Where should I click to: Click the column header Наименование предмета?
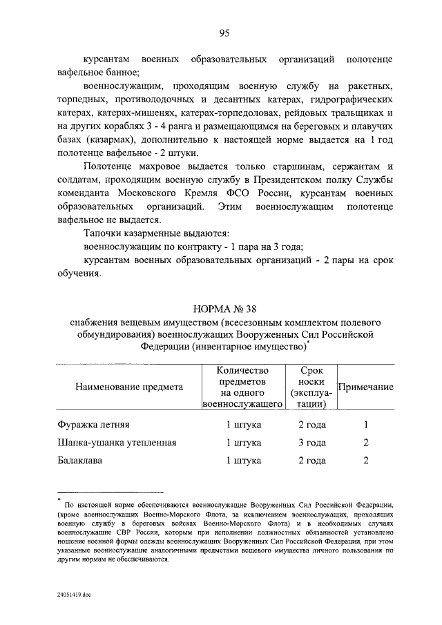128,387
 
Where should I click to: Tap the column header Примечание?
365,387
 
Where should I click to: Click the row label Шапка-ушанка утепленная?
116,443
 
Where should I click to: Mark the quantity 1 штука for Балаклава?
243,461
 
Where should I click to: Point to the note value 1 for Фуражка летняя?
366,425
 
